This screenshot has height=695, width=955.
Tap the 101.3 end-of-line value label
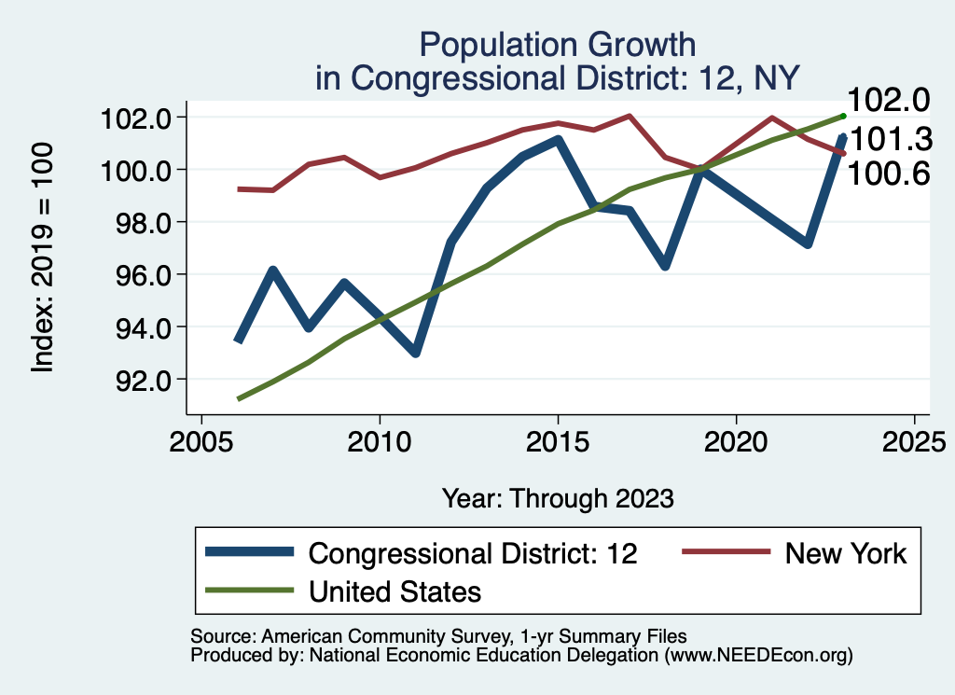point(888,140)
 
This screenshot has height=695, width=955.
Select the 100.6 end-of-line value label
point(888,173)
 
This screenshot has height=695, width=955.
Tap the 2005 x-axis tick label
point(201,440)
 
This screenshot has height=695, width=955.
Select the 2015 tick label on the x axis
point(558,440)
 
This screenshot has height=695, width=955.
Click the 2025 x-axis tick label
point(915,440)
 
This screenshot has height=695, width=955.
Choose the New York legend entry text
point(845,553)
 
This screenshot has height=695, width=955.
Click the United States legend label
point(394,591)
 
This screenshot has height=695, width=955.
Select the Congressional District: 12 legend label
point(473,553)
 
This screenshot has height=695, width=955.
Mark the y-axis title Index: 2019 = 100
point(43,258)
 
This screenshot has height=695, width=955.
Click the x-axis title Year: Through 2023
point(558,498)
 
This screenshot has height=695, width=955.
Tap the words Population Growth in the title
point(557,44)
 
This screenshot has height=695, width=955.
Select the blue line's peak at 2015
point(558,140)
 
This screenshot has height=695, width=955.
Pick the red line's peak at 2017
point(630,117)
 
